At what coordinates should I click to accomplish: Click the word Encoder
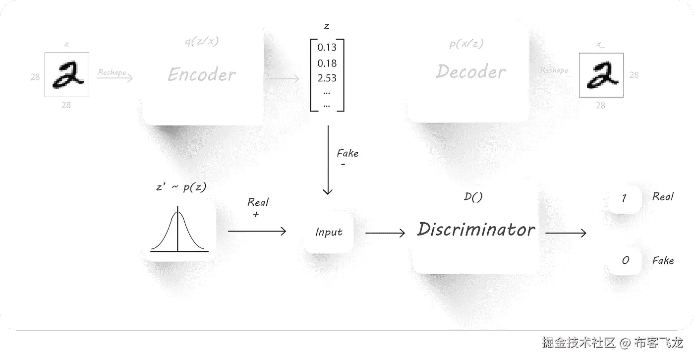coord(202,75)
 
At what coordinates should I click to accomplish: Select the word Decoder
coord(471,72)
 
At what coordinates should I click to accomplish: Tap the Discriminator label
coord(476,230)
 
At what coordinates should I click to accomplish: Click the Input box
coord(329,232)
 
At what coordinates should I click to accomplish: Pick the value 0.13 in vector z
coord(327,48)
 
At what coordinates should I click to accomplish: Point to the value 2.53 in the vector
coord(327,78)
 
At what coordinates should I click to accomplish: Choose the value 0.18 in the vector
coord(327,63)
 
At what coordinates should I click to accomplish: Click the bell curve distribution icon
coord(178,232)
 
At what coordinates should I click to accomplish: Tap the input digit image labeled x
coord(67,75)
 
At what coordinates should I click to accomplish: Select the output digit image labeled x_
coord(601,75)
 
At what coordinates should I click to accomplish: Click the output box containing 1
coord(624,199)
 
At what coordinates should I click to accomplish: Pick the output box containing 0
coord(625,260)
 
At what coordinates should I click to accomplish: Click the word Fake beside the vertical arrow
coord(347,153)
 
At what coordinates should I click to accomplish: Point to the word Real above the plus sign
coord(258,202)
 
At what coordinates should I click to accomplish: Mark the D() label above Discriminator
coord(473,197)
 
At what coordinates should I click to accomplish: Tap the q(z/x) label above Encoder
coord(201,42)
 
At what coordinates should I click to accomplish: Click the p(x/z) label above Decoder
coord(466,44)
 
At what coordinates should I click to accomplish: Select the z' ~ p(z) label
coord(181,187)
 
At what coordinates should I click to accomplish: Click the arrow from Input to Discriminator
coord(385,232)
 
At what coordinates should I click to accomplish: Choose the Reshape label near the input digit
coord(112,72)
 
